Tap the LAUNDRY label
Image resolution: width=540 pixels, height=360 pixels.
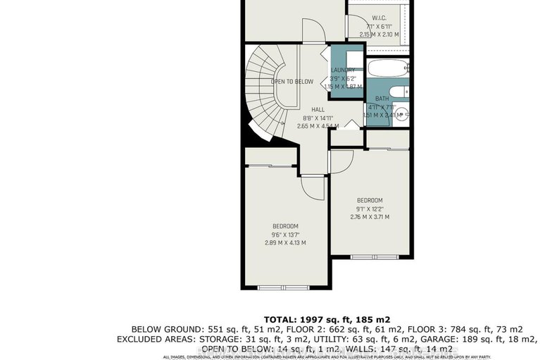tap(344, 70)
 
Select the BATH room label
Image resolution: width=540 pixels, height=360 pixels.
tap(382, 99)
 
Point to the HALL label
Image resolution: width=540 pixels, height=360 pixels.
tap(318, 109)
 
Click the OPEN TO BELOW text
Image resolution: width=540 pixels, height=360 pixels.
tap(292, 82)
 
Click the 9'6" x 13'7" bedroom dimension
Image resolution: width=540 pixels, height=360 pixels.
tap(286, 236)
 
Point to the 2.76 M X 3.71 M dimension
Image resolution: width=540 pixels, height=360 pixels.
tap(370, 216)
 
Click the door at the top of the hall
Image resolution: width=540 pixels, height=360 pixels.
tap(312, 32)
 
